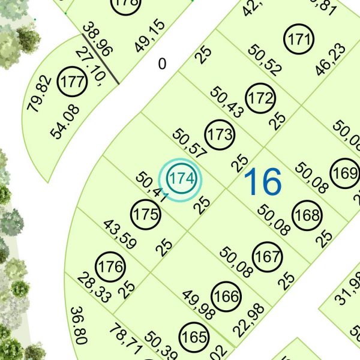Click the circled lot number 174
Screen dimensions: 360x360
181,179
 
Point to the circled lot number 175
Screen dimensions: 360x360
146,214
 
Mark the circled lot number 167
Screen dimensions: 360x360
268,256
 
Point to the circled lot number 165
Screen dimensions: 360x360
194,337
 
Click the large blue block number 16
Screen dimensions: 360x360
263,182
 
